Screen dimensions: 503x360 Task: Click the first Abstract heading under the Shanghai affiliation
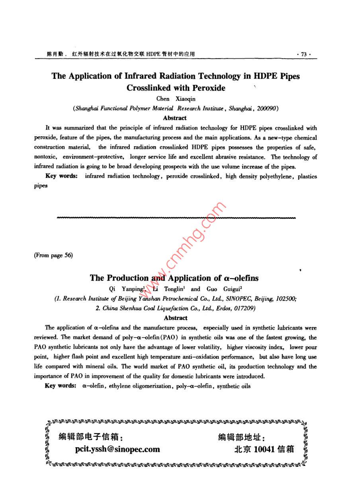click(x=175, y=118)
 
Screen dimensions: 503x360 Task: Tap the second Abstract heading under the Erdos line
click(x=176, y=318)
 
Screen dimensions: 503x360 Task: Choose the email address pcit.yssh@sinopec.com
click(x=117, y=450)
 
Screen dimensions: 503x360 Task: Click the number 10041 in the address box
click(x=264, y=450)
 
